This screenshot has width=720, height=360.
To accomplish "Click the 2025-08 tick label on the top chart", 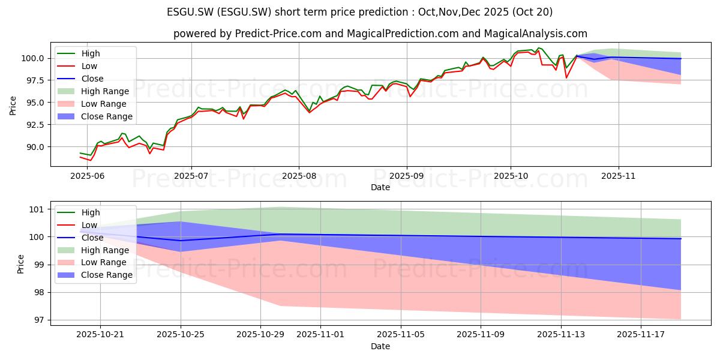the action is coord(299,176).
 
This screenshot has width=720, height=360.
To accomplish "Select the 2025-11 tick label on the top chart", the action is coord(619,176).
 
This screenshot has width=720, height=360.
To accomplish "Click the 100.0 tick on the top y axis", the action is coord(33,59).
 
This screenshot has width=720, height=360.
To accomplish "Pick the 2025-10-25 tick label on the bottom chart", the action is coord(181,334).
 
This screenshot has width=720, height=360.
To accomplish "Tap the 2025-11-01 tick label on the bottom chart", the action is coord(320,334).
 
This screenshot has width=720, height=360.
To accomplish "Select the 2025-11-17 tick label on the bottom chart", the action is coord(641,334).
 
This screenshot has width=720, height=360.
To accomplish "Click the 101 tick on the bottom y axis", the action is coord(37,209).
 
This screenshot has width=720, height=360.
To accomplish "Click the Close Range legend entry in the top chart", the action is coord(95,116).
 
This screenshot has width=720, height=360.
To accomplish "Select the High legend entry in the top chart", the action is coord(79,53).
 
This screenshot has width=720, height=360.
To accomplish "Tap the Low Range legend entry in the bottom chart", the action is coord(92,262).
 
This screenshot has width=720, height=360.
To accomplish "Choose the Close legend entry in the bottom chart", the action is coord(80,238).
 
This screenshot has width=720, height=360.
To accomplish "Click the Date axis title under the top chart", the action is coord(380,187).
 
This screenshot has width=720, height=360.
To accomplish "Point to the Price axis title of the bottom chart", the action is coord(20,264).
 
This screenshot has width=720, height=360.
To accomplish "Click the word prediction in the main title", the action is coord(384,12).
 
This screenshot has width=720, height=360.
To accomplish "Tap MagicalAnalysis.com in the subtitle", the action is coord(535,34).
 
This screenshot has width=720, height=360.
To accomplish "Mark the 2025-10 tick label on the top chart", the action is coord(511,176).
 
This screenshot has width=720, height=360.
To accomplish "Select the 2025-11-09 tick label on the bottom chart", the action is coord(481,334).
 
